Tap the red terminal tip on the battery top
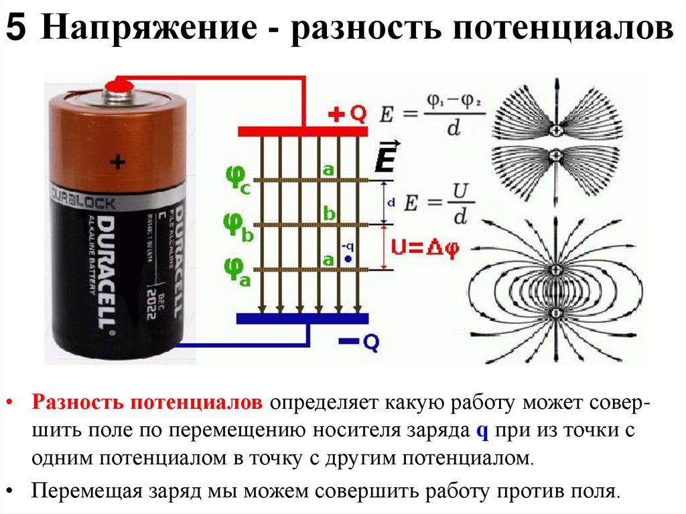pos(121,84)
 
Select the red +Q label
pos(347,115)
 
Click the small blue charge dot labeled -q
pos(348,259)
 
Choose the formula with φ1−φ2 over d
pos(432,115)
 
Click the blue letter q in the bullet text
pos(480,431)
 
